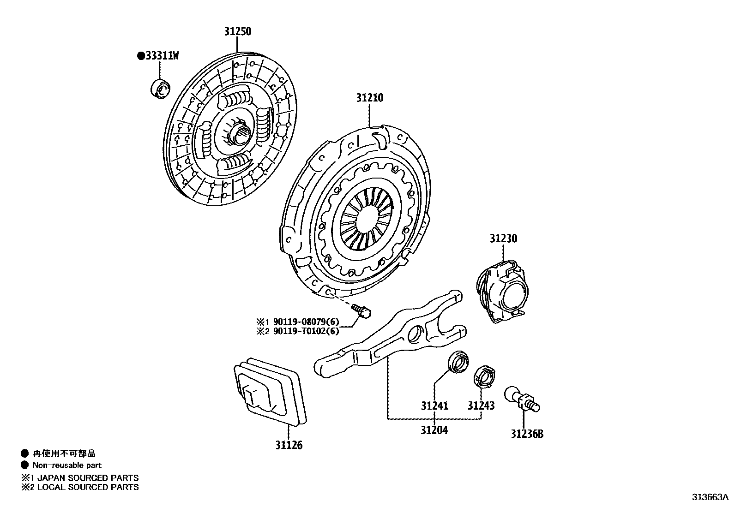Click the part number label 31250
pyautogui.click(x=238, y=32)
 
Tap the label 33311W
pyautogui.click(x=161, y=56)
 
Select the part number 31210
pyautogui.click(x=369, y=98)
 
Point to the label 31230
pyautogui.click(x=503, y=239)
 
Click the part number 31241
pyautogui.click(x=434, y=406)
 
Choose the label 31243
pyautogui.click(x=481, y=406)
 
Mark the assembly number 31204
pyautogui.click(x=434, y=430)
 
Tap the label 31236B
pyautogui.click(x=527, y=434)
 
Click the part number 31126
pyautogui.click(x=289, y=445)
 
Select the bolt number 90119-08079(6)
pyautogui.click(x=306, y=321)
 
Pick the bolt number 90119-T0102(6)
pyautogui.click(x=306, y=331)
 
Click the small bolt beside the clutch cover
pyautogui.click(x=362, y=310)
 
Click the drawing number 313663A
pyautogui.click(x=710, y=497)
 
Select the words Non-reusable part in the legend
pyautogui.click(x=67, y=465)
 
